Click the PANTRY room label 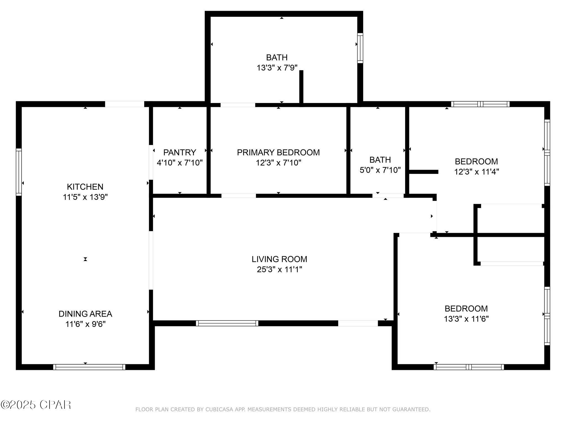pos(180,152)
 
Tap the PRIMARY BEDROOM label pos(278,152)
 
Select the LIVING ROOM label pos(279,259)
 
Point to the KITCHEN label pos(85,187)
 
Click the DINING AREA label pos(85,314)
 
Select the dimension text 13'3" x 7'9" pos(277,68)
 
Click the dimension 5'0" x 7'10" pos(380,170)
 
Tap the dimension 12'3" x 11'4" pos(476,172)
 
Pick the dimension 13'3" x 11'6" pos(466,319)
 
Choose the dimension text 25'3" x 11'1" pos(279,269)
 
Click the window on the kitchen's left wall pos(19,172)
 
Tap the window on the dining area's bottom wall pos(89,367)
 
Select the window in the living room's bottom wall pos(227,323)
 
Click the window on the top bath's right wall pos(360,48)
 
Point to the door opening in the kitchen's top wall pos(124,104)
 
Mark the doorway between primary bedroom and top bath pos(238,105)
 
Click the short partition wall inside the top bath pos(301,87)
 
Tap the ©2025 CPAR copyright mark pos(36,405)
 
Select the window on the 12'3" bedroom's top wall pos(480,104)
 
